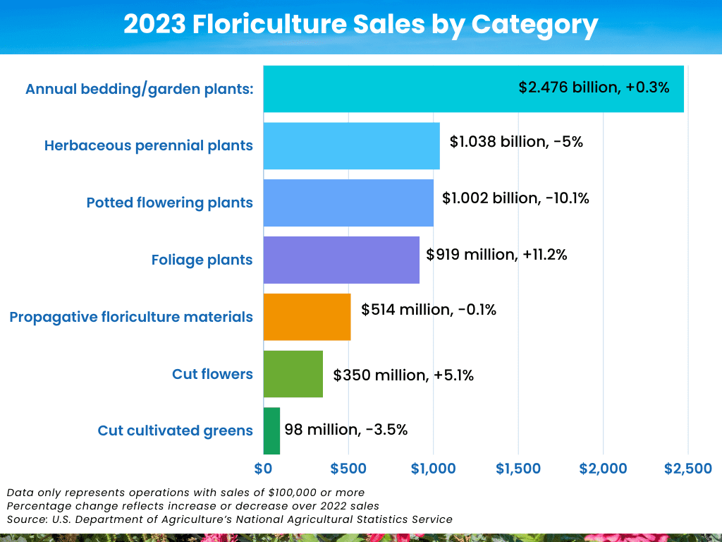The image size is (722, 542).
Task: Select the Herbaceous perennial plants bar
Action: point(351,146)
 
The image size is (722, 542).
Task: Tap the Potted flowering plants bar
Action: point(348,203)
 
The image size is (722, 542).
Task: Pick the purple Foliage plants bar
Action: point(341,260)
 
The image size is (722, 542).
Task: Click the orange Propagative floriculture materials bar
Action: point(307,317)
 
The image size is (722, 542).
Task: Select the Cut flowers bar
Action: point(293,374)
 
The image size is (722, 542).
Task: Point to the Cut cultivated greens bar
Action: point(271,430)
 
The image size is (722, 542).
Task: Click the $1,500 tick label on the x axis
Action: point(518,469)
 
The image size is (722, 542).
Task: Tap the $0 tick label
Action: point(263,469)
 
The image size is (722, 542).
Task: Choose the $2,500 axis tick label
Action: point(688,469)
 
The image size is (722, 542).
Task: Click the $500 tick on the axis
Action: point(348,469)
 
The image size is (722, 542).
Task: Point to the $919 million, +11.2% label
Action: point(497,254)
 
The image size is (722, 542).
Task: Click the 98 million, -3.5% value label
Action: point(345,429)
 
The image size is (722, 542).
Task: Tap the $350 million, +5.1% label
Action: point(403,375)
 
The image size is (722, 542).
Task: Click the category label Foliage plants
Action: point(202,260)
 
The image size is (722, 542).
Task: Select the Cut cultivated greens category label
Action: point(175,430)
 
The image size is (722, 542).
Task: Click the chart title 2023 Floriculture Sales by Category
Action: point(361,25)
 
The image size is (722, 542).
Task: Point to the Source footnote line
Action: point(229,519)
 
